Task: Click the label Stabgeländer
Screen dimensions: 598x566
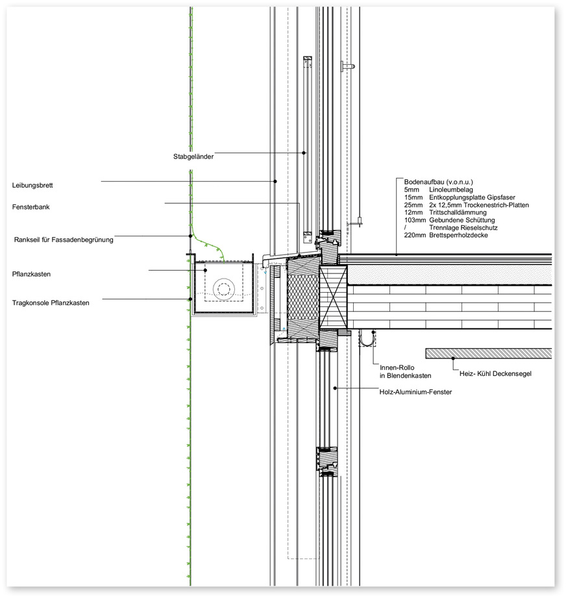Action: coord(193,156)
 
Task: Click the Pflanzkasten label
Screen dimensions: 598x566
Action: coord(31,274)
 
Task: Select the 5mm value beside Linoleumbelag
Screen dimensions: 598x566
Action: coord(409,190)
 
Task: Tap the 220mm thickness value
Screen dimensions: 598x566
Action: coord(413,236)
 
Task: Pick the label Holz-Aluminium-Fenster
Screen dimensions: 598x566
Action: coord(415,392)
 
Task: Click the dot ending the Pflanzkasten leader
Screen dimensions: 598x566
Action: coord(205,271)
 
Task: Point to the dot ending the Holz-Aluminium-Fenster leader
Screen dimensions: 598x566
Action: coord(335,388)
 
